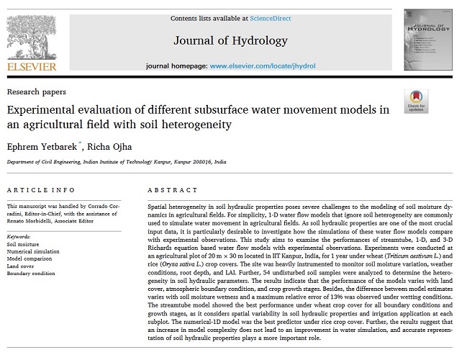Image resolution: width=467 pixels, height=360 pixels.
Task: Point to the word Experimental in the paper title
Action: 42,110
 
